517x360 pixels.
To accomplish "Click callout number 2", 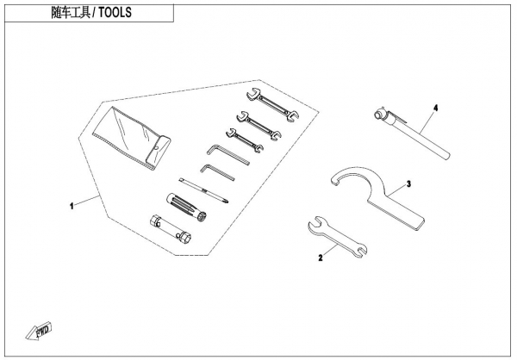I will coord(320,257).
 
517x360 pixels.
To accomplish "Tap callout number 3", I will coord(408,183).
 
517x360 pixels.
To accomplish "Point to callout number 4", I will coord(436,108).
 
